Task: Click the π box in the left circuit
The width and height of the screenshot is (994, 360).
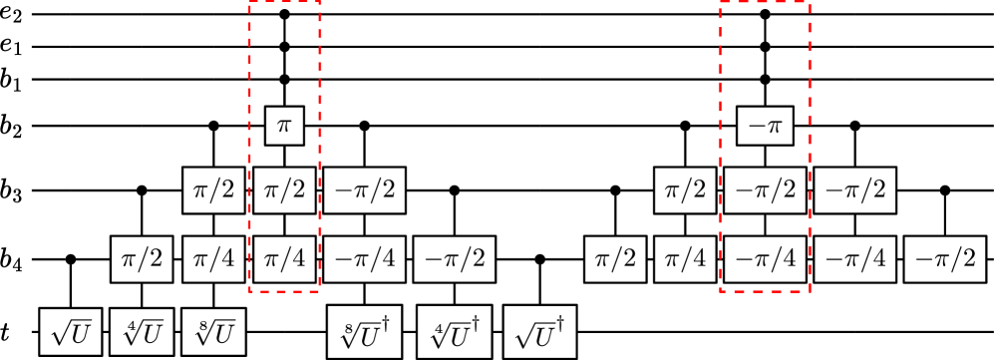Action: click(x=283, y=128)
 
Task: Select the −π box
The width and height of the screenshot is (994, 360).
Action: click(x=764, y=128)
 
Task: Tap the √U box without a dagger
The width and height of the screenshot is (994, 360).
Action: click(x=71, y=332)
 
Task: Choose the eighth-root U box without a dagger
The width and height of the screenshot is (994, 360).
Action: click(x=212, y=332)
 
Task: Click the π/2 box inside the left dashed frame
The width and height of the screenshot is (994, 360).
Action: click(x=283, y=190)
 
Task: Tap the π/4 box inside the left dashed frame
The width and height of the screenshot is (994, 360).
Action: click(x=283, y=258)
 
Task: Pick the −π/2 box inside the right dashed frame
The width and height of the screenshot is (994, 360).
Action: click(x=764, y=190)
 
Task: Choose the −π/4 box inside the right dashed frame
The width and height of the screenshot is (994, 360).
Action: click(x=764, y=258)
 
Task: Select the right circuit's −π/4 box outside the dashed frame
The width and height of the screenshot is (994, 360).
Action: click(x=853, y=258)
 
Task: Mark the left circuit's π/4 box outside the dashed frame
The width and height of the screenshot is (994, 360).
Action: click(x=212, y=258)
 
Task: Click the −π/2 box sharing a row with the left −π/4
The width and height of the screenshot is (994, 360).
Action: click(x=455, y=258)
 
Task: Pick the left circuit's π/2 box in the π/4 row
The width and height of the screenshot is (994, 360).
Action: click(x=141, y=258)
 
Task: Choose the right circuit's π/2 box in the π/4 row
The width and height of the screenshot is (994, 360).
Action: click(x=614, y=258)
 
